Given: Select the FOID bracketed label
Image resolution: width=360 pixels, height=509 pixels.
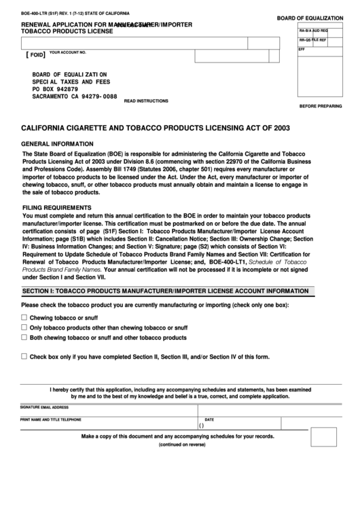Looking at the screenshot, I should [35, 54].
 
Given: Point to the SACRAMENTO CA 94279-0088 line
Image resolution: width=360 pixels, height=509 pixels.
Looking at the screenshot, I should [75, 96].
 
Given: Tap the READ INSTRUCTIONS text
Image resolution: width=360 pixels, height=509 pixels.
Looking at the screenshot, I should [146, 101].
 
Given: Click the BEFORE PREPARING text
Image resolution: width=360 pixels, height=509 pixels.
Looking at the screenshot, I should [321, 107].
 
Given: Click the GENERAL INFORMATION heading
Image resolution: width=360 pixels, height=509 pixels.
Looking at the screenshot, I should [58, 144].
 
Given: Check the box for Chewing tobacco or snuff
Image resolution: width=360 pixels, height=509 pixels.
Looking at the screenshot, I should [24, 317].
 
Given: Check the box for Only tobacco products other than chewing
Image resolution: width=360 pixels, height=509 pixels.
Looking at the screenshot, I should [24, 327].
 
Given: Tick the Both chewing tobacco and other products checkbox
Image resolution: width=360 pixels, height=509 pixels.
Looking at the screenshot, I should [24, 336].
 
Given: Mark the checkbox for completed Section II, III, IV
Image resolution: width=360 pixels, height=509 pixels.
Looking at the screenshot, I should [24, 355].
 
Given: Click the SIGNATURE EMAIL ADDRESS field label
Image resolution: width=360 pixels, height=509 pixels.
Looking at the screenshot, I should [44, 407].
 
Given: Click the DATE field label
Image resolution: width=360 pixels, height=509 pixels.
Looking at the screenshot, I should [209, 419].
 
